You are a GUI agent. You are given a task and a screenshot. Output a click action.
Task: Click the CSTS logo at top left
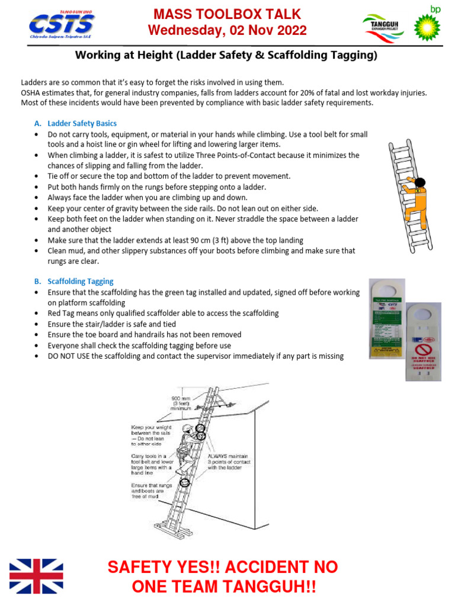click(x=62, y=24)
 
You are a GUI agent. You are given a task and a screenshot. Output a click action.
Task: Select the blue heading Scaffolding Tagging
click(x=80, y=282)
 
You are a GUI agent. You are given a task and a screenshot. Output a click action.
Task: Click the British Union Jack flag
click(x=36, y=576)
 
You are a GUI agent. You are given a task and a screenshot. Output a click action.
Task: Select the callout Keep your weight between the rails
click(x=152, y=436)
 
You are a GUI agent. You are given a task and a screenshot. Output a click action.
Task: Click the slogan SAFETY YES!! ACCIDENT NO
click(x=223, y=567)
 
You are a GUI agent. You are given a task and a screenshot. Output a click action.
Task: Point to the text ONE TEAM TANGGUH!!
click(x=223, y=587)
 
